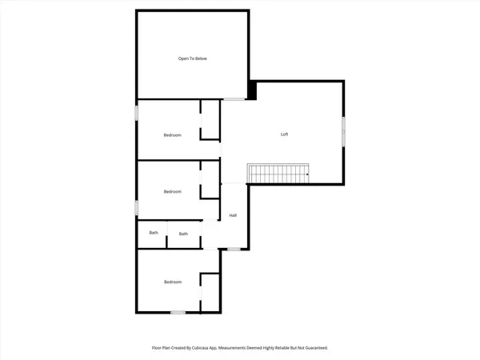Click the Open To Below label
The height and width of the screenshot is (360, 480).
click(x=192, y=58)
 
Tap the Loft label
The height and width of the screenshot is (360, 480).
click(x=284, y=134)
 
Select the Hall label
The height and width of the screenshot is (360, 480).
click(x=234, y=215)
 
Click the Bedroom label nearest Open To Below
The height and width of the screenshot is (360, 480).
click(x=173, y=135)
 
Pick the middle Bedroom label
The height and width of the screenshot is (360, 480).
click(x=173, y=191)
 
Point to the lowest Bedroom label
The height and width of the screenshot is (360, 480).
click(x=173, y=282)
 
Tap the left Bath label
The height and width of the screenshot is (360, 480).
click(x=153, y=234)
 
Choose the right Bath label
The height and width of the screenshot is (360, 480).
click(x=183, y=234)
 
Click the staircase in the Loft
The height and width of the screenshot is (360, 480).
click(x=278, y=172)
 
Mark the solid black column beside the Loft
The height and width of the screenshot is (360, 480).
click(x=251, y=90)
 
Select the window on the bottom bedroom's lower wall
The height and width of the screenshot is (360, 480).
click(x=178, y=311)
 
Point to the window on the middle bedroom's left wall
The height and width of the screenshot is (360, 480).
click(x=136, y=208)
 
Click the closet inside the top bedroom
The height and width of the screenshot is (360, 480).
click(x=210, y=120)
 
